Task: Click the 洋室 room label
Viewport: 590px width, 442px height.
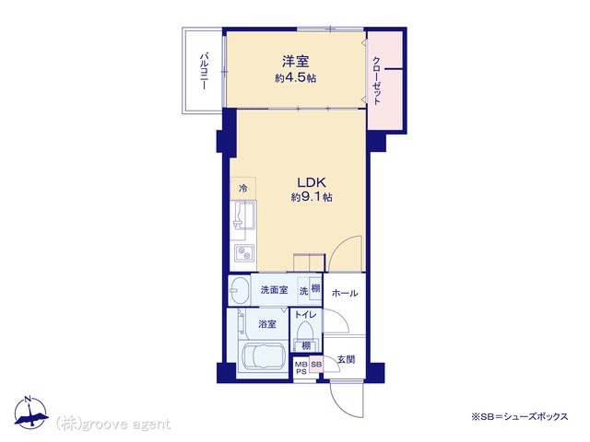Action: [x=295, y=62]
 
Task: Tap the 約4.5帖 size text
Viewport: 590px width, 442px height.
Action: [x=295, y=77]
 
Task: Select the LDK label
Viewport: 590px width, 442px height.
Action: [x=312, y=182]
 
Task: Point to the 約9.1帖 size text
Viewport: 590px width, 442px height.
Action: [x=312, y=197]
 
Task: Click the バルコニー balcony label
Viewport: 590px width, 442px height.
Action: [x=204, y=71]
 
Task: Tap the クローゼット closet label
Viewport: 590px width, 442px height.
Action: [x=377, y=80]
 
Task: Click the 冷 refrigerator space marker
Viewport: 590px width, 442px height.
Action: [x=243, y=188]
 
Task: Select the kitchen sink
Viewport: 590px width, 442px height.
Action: [x=244, y=215]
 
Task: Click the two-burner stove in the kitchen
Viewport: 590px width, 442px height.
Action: [x=244, y=253]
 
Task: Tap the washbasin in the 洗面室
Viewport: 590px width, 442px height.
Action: [x=240, y=291]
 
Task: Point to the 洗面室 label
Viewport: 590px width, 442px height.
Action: [x=275, y=290]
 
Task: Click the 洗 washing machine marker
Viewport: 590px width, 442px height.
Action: [x=303, y=291]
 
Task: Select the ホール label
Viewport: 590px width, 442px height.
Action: [x=345, y=293]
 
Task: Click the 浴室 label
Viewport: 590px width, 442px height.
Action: [x=267, y=324]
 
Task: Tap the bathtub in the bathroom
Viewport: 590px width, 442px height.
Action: [x=263, y=355]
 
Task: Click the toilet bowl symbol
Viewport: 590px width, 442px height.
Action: [x=304, y=332]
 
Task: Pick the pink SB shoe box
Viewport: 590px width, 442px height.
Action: [x=316, y=365]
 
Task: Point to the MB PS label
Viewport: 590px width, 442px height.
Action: [x=301, y=368]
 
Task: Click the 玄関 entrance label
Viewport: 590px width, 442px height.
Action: [x=346, y=360]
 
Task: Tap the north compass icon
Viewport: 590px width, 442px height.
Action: [x=30, y=413]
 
